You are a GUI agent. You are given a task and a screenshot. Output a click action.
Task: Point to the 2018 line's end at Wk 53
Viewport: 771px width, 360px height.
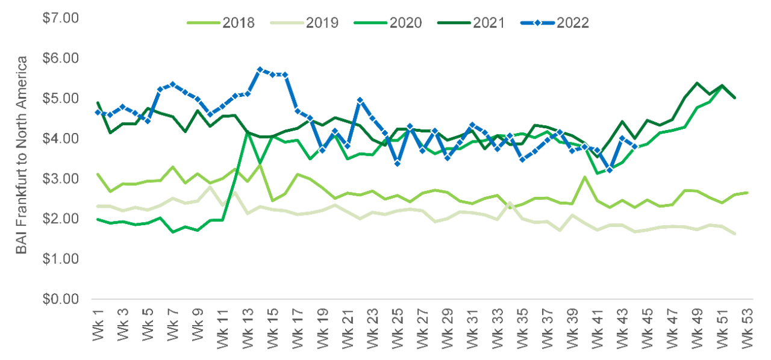point(747,193)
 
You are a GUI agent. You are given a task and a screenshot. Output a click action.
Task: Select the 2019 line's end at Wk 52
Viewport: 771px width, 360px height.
point(734,234)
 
